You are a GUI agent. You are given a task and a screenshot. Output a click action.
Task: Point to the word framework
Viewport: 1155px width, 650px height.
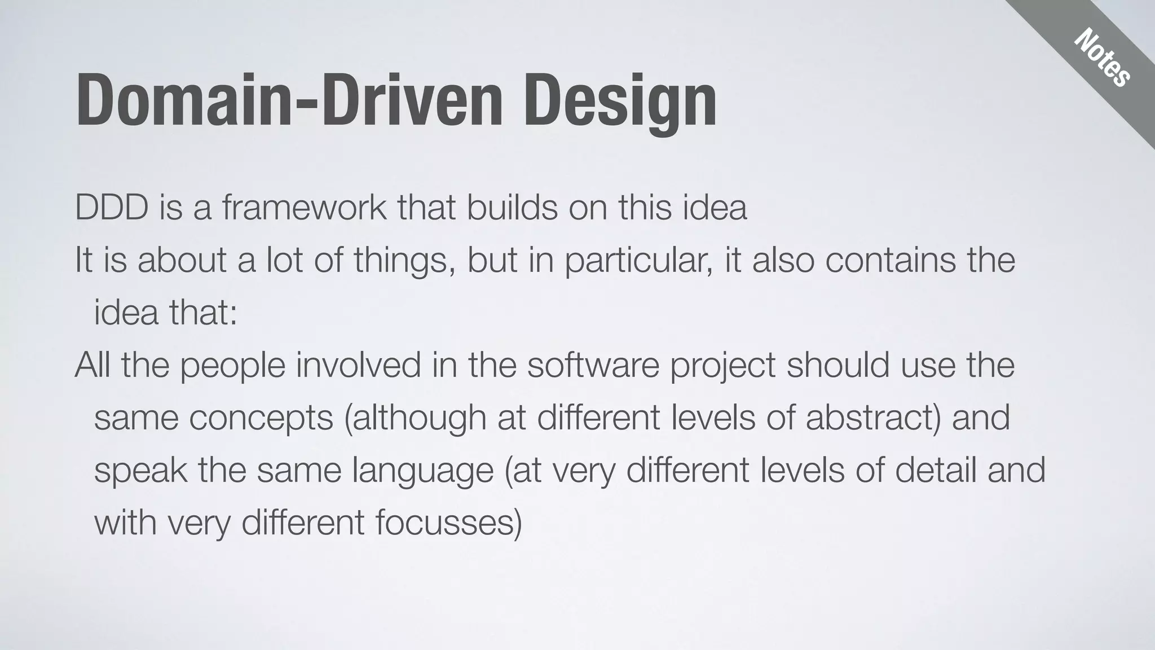click(x=305, y=207)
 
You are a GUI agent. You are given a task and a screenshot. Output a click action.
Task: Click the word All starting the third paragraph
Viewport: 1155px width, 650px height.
click(x=92, y=364)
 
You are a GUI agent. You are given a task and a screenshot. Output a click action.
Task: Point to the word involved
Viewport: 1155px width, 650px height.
click(x=359, y=364)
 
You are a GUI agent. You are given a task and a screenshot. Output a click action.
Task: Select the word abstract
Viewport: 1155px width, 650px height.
click(x=871, y=418)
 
